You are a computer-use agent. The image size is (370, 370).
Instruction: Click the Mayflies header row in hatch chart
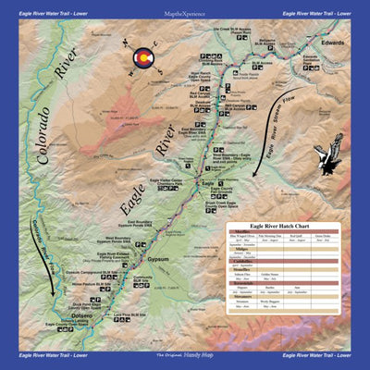(x=242, y=231)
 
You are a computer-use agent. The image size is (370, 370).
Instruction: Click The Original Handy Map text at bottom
(x=185, y=356)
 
